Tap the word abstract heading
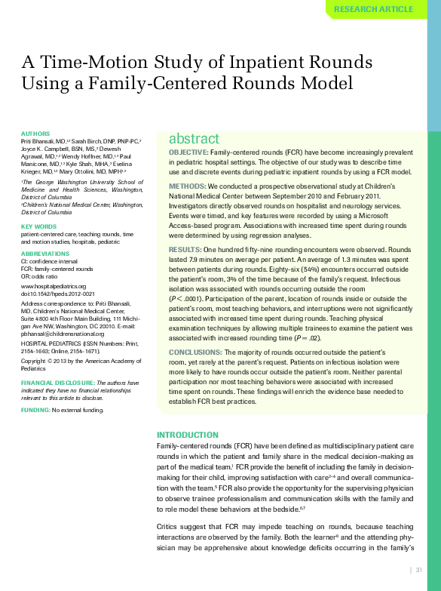coord(194,139)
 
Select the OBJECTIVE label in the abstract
coord(188,152)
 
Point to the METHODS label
coord(187,186)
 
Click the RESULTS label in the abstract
coord(185,249)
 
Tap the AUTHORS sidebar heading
coord(35,134)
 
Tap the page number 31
coord(418,570)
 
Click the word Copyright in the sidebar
coord(35,361)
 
